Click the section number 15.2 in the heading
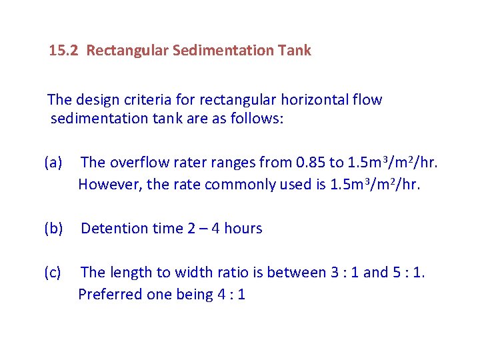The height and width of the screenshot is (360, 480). coord(65,51)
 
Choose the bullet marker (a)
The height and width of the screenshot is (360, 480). coord(53,162)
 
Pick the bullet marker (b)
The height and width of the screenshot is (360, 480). coord(53,229)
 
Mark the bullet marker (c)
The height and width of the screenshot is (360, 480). coord(53,272)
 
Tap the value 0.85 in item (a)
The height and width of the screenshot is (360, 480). coord(312,162)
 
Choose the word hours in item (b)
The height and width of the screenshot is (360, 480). coord(243,229)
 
